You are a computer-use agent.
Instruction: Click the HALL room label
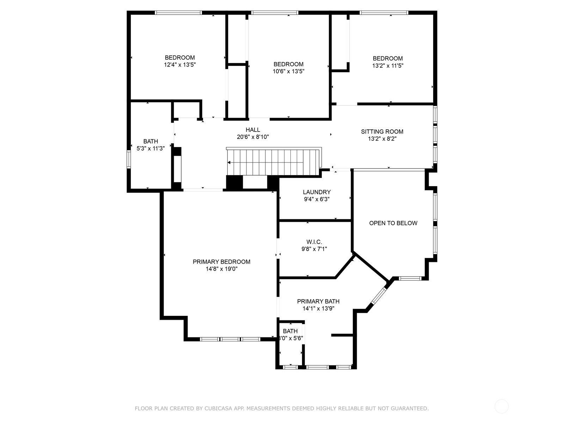(253, 130)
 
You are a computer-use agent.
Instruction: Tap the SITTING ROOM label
(382, 131)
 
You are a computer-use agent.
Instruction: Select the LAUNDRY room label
(317, 192)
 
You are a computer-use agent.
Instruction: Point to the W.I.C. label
(314, 242)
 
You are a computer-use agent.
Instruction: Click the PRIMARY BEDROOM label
(221, 262)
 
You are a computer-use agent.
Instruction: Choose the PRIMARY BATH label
(318, 301)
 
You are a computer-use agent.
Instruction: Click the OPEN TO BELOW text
(393, 223)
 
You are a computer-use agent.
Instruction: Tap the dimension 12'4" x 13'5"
(180, 65)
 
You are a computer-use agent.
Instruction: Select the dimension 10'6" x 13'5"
(289, 71)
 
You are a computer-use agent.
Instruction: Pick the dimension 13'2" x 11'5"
(388, 66)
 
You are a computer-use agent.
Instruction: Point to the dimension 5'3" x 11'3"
(151, 148)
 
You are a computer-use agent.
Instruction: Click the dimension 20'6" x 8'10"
(253, 137)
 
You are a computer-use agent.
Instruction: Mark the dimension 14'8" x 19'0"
(221, 269)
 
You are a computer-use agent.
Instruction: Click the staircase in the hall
(274, 162)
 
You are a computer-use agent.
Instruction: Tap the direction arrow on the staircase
(229, 162)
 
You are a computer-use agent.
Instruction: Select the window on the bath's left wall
(128, 159)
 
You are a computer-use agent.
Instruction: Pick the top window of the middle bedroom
(275, 13)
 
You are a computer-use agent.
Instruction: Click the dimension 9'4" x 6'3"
(317, 199)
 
